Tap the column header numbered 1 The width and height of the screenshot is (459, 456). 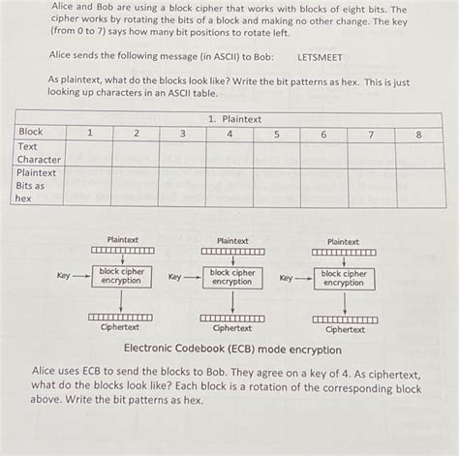88,133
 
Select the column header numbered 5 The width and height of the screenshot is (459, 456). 276,133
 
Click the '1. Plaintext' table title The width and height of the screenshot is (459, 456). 234,119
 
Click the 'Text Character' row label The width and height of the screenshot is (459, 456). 39,153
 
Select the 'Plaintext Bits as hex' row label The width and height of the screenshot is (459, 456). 37,185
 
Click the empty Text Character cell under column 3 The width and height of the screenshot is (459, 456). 182,153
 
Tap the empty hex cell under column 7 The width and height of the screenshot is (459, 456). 371,185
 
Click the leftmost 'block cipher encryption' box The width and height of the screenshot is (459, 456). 122,277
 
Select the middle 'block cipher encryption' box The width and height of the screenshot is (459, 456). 232,277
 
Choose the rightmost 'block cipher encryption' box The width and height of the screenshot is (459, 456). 344,277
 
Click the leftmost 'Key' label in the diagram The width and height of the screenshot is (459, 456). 64,276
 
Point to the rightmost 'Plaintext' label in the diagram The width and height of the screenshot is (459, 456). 344,242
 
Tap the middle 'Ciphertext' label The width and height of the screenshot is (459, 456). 232,329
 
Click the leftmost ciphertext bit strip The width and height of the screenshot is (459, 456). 121,317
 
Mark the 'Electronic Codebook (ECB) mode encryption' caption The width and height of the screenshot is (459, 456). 229,348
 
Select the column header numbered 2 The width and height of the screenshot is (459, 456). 136,133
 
